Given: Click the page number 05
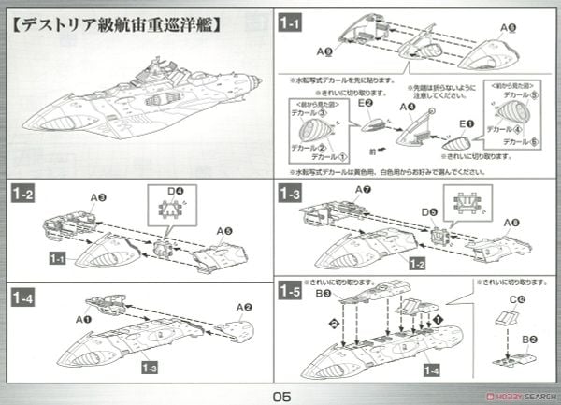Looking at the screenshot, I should (281, 395).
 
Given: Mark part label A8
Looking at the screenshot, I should (511, 222).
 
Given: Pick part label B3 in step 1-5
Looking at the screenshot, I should (323, 293).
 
